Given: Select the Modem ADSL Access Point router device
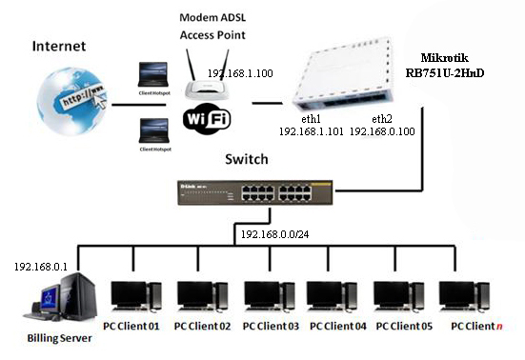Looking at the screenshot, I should [209, 84].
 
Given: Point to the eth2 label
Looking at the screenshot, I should [382, 119].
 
